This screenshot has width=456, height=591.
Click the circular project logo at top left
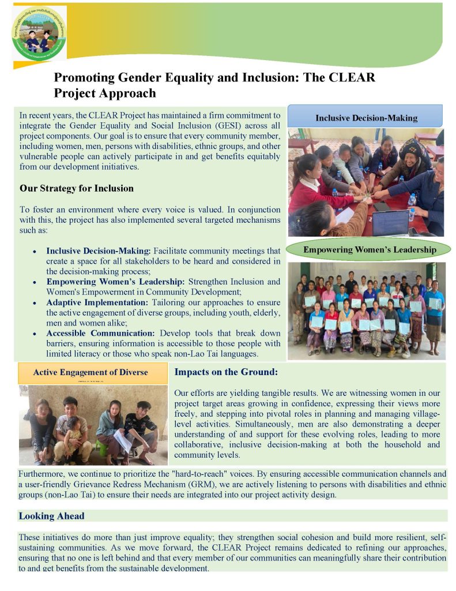coord(39,32)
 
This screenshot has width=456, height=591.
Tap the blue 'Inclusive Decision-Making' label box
coord(365,118)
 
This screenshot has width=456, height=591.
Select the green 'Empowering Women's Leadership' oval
coord(370,250)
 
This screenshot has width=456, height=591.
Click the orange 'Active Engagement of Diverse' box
coord(91,372)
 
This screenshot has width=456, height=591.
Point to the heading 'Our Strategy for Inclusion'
coord(76,188)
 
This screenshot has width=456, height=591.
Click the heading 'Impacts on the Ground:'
coord(226,372)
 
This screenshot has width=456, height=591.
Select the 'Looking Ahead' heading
coord(51,516)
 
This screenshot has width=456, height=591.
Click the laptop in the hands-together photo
coord(390,222)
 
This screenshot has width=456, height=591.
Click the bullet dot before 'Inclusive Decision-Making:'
coord(36,252)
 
